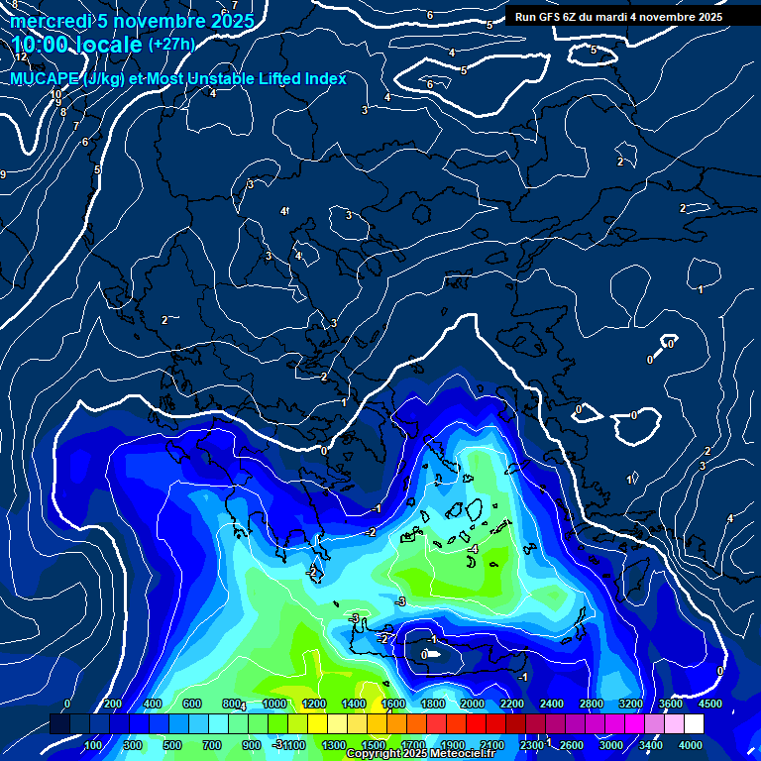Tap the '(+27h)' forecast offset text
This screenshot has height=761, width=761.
171,44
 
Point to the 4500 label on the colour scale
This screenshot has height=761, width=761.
710,704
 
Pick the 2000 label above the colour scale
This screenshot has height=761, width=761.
473,704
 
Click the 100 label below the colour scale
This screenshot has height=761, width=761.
93,745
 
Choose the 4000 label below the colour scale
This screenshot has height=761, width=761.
691,745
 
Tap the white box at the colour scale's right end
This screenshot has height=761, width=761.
694,724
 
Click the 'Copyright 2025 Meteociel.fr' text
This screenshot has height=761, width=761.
420,754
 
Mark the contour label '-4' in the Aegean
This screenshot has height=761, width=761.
473,549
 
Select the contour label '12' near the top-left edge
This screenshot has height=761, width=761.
21,57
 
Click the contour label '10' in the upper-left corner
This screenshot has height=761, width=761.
55,94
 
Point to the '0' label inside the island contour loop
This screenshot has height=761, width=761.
424,655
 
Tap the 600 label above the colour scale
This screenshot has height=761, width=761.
192,704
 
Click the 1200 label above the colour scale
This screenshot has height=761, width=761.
314,704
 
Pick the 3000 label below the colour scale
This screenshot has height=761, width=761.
611,745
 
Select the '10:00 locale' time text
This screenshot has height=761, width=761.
77,45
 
